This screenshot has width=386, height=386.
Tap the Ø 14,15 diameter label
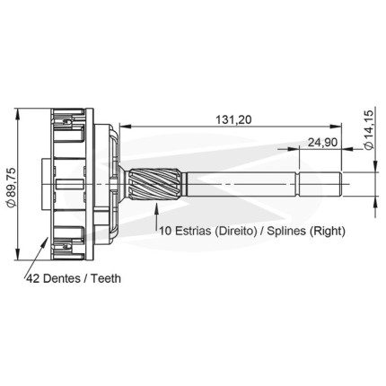(x=369, y=129)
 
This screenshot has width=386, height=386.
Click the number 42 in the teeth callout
(x=33, y=278)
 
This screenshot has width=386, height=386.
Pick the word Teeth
(x=106, y=278)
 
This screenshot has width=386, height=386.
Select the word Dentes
(x=62, y=278)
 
